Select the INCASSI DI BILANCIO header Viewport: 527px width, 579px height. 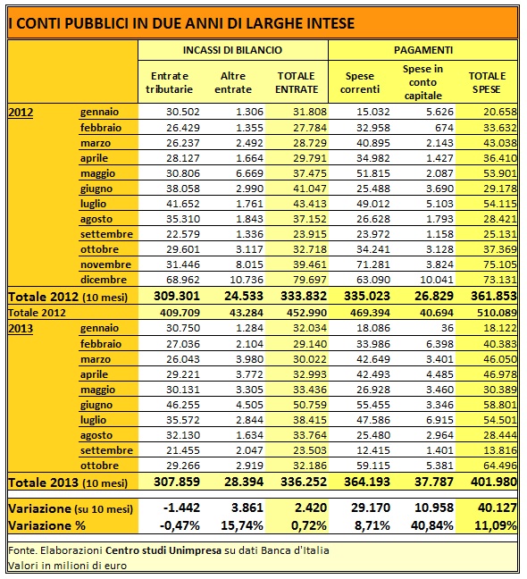[232, 50]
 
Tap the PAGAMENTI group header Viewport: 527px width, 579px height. [423, 50]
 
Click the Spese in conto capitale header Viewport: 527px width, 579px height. [422, 82]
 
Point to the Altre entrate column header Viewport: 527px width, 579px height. [233, 83]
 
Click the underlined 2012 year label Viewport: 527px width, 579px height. [21, 112]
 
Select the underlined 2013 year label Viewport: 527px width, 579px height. [21, 328]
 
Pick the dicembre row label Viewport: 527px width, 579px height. [104, 280]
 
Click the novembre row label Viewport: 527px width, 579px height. [106, 264]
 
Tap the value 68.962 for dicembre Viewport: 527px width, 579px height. [183, 280]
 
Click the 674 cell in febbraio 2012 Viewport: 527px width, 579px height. [444, 128]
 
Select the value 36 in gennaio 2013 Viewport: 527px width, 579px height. [448, 328]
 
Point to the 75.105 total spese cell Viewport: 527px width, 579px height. [500, 264]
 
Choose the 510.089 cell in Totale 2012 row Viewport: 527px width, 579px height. [497, 313]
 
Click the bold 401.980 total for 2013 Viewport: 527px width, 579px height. [494, 482]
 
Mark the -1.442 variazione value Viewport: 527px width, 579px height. [181, 508]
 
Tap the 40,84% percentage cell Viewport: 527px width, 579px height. [432, 525]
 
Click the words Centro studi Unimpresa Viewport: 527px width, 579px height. [163, 550]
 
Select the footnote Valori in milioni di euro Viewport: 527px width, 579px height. [68, 566]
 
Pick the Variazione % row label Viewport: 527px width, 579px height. [46, 525]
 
